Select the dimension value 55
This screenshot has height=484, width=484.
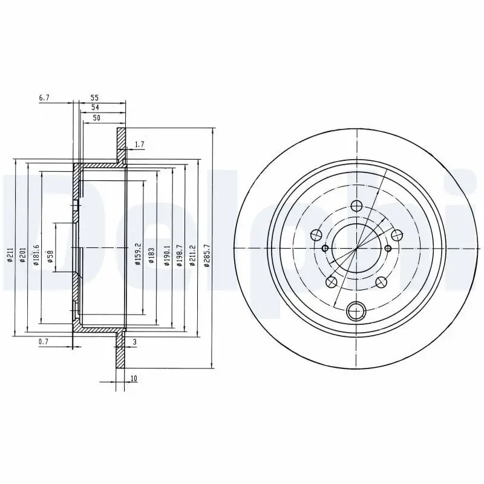pyautogui.click(x=94, y=97)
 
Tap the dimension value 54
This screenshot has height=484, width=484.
pyautogui.click(x=94, y=107)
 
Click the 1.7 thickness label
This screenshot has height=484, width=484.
pyautogui.click(x=139, y=144)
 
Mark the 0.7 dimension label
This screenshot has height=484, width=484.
pyautogui.click(x=43, y=342)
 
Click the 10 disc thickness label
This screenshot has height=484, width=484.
pyautogui.click(x=132, y=379)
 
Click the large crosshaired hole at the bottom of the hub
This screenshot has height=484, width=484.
pyautogui.click(x=356, y=312)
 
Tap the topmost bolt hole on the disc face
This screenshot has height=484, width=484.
pyautogui.click(x=356, y=206)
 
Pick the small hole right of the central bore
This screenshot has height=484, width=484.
pyautogui.click(x=388, y=248)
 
